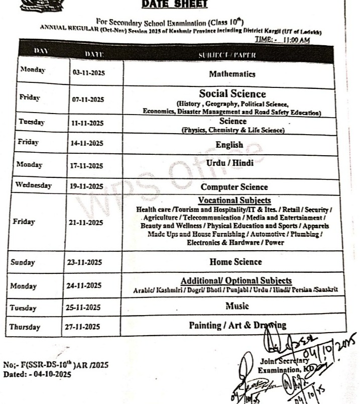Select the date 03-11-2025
coord(88,72)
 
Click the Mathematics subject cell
coord(232,74)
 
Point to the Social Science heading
coord(232,93)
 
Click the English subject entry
coord(229,145)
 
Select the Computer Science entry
coord(234,187)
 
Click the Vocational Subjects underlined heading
coord(234,200)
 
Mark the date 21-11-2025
coord(86,222)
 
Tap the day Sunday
coord(24,262)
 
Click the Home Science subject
coord(235,261)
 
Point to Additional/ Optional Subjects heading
coord(236,280)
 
